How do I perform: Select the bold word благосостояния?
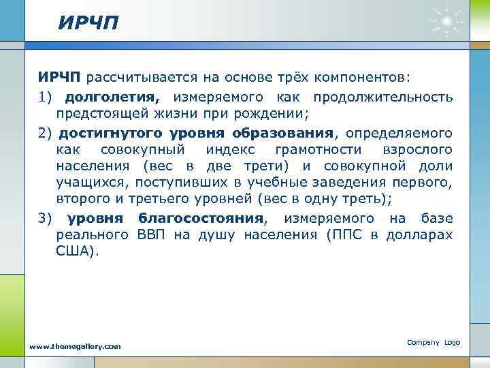(201, 218)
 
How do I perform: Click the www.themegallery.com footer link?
(75, 346)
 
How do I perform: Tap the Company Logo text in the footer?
(433, 341)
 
